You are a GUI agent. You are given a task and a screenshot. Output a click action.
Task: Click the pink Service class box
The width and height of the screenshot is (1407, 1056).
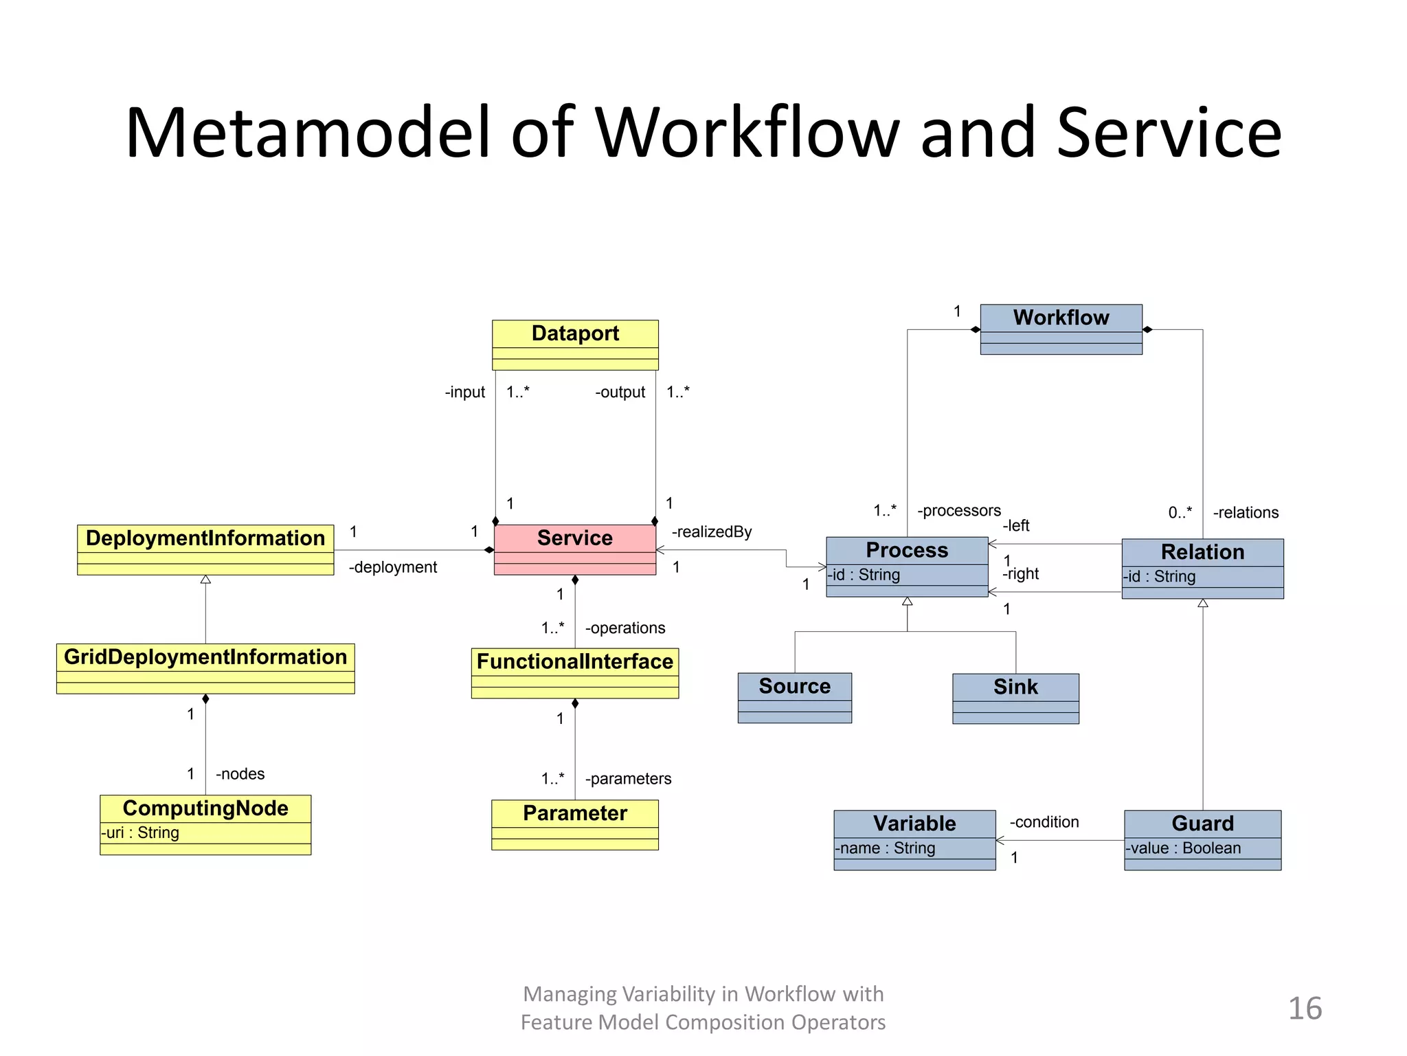pyautogui.click(x=574, y=549)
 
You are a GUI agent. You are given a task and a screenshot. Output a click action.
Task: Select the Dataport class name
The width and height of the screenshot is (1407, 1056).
pyautogui.click(x=575, y=333)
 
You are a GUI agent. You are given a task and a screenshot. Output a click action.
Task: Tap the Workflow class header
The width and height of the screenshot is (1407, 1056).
pyautogui.click(x=1061, y=318)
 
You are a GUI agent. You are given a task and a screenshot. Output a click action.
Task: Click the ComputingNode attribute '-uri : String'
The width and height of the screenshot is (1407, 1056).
pyautogui.click(x=140, y=833)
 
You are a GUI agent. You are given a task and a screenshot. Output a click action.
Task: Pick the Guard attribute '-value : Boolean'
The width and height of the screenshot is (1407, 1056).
pyautogui.click(x=1183, y=848)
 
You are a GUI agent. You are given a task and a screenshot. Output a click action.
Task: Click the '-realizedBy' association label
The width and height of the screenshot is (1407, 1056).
pyautogui.click(x=712, y=531)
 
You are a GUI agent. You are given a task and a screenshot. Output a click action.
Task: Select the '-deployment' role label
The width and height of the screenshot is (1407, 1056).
pyautogui.click(x=393, y=567)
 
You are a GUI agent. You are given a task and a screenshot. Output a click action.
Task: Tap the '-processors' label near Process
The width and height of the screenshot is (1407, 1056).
pyautogui.click(x=959, y=510)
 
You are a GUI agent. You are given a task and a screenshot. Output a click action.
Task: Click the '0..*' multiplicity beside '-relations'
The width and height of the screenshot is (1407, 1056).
pyautogui.click(x=1180, y=512)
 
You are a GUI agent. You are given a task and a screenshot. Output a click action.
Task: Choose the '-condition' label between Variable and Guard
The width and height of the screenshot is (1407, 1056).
pyautogui.click(x=1044, y=822)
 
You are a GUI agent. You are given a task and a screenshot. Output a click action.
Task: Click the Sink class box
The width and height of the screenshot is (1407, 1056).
pyautogui.click(x=1015, y=698)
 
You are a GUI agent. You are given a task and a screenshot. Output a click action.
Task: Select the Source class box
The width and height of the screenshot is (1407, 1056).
pyautogui.click(x=794, y=697)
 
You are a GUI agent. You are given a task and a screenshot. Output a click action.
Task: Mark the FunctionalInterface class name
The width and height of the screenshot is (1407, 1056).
pyautogui.click(x=575, y=661)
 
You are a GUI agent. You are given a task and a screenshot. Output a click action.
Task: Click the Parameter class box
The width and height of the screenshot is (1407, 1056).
pyautogui.click(x=575, y=824)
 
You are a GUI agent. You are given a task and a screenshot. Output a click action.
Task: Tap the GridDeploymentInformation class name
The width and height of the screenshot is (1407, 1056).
pyautogui.click(x=205, y=657)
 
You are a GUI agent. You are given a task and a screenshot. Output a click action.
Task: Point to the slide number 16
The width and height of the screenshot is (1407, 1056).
pyautogui.click(x=1305, y=1009)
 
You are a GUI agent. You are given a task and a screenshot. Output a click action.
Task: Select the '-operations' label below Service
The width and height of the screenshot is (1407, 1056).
pyautogui.click(x=625, y=628)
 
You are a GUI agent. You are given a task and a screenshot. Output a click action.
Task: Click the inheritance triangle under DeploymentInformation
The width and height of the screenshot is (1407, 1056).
pyautogui.click(x=205, y=580)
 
